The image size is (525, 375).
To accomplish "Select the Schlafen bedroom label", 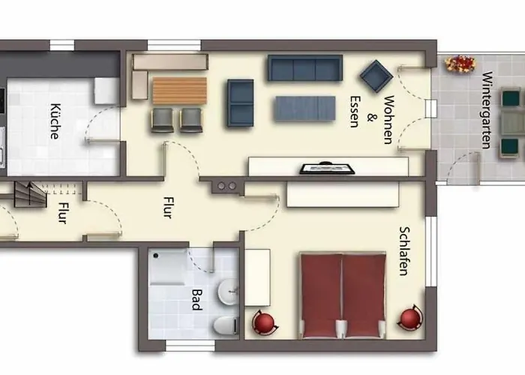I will (405, 251).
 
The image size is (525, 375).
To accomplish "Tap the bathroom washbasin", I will (228, 288).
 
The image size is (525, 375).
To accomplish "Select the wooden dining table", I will (179, 91).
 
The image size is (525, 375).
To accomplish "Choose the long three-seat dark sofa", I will (304, 67).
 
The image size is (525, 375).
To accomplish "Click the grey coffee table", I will (304, 109).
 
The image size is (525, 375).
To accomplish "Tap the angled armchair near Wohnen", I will (375, 76).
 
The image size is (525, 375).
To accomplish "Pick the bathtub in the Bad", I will (169, 268).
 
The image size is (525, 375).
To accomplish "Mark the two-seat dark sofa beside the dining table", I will (241, 102).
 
